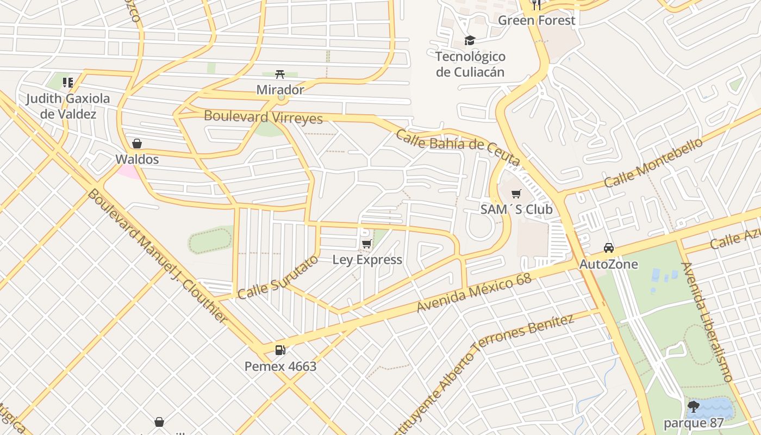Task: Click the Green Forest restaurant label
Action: pyautogui.click(x=536, y=21)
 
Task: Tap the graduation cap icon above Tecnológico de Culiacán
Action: pyautogui.click(x=470, y=40)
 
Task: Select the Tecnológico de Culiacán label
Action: pyautogui.click(x=470, y=64)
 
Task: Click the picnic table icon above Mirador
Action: pyautogui.click(x=280, y=74)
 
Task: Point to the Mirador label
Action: pyautogui.click(x=280, y=90)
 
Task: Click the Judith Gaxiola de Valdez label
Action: pyautogui.click(x=68, y=106)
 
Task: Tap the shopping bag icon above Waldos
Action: pyautogui.click(x=137, y=144)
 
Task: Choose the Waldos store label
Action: pyautogui.click(x=137, y=159)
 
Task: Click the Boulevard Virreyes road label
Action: pyautogui.click(x=263, y=117)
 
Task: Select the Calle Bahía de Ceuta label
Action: pyautogui.click(x=458, y=146)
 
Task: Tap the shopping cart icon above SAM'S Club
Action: pyautogui.click(x=516, y=194)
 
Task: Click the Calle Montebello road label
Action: pyautogui.click(x=653, y=163)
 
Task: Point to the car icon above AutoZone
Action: pyautogui.click(x=609, y=248)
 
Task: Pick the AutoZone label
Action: pyautogui.click(x=609, y=264)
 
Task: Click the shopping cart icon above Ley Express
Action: pyautogui.click(x=367, y=244)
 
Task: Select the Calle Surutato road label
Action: pyautogui.click(x=278, y=277)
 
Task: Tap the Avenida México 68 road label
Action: pyautogui.click(x=473, y=293)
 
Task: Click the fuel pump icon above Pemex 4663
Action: pyautogui.click(x=280, y=350)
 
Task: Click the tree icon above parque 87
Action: pyautogui.click(x=694, y=406)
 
